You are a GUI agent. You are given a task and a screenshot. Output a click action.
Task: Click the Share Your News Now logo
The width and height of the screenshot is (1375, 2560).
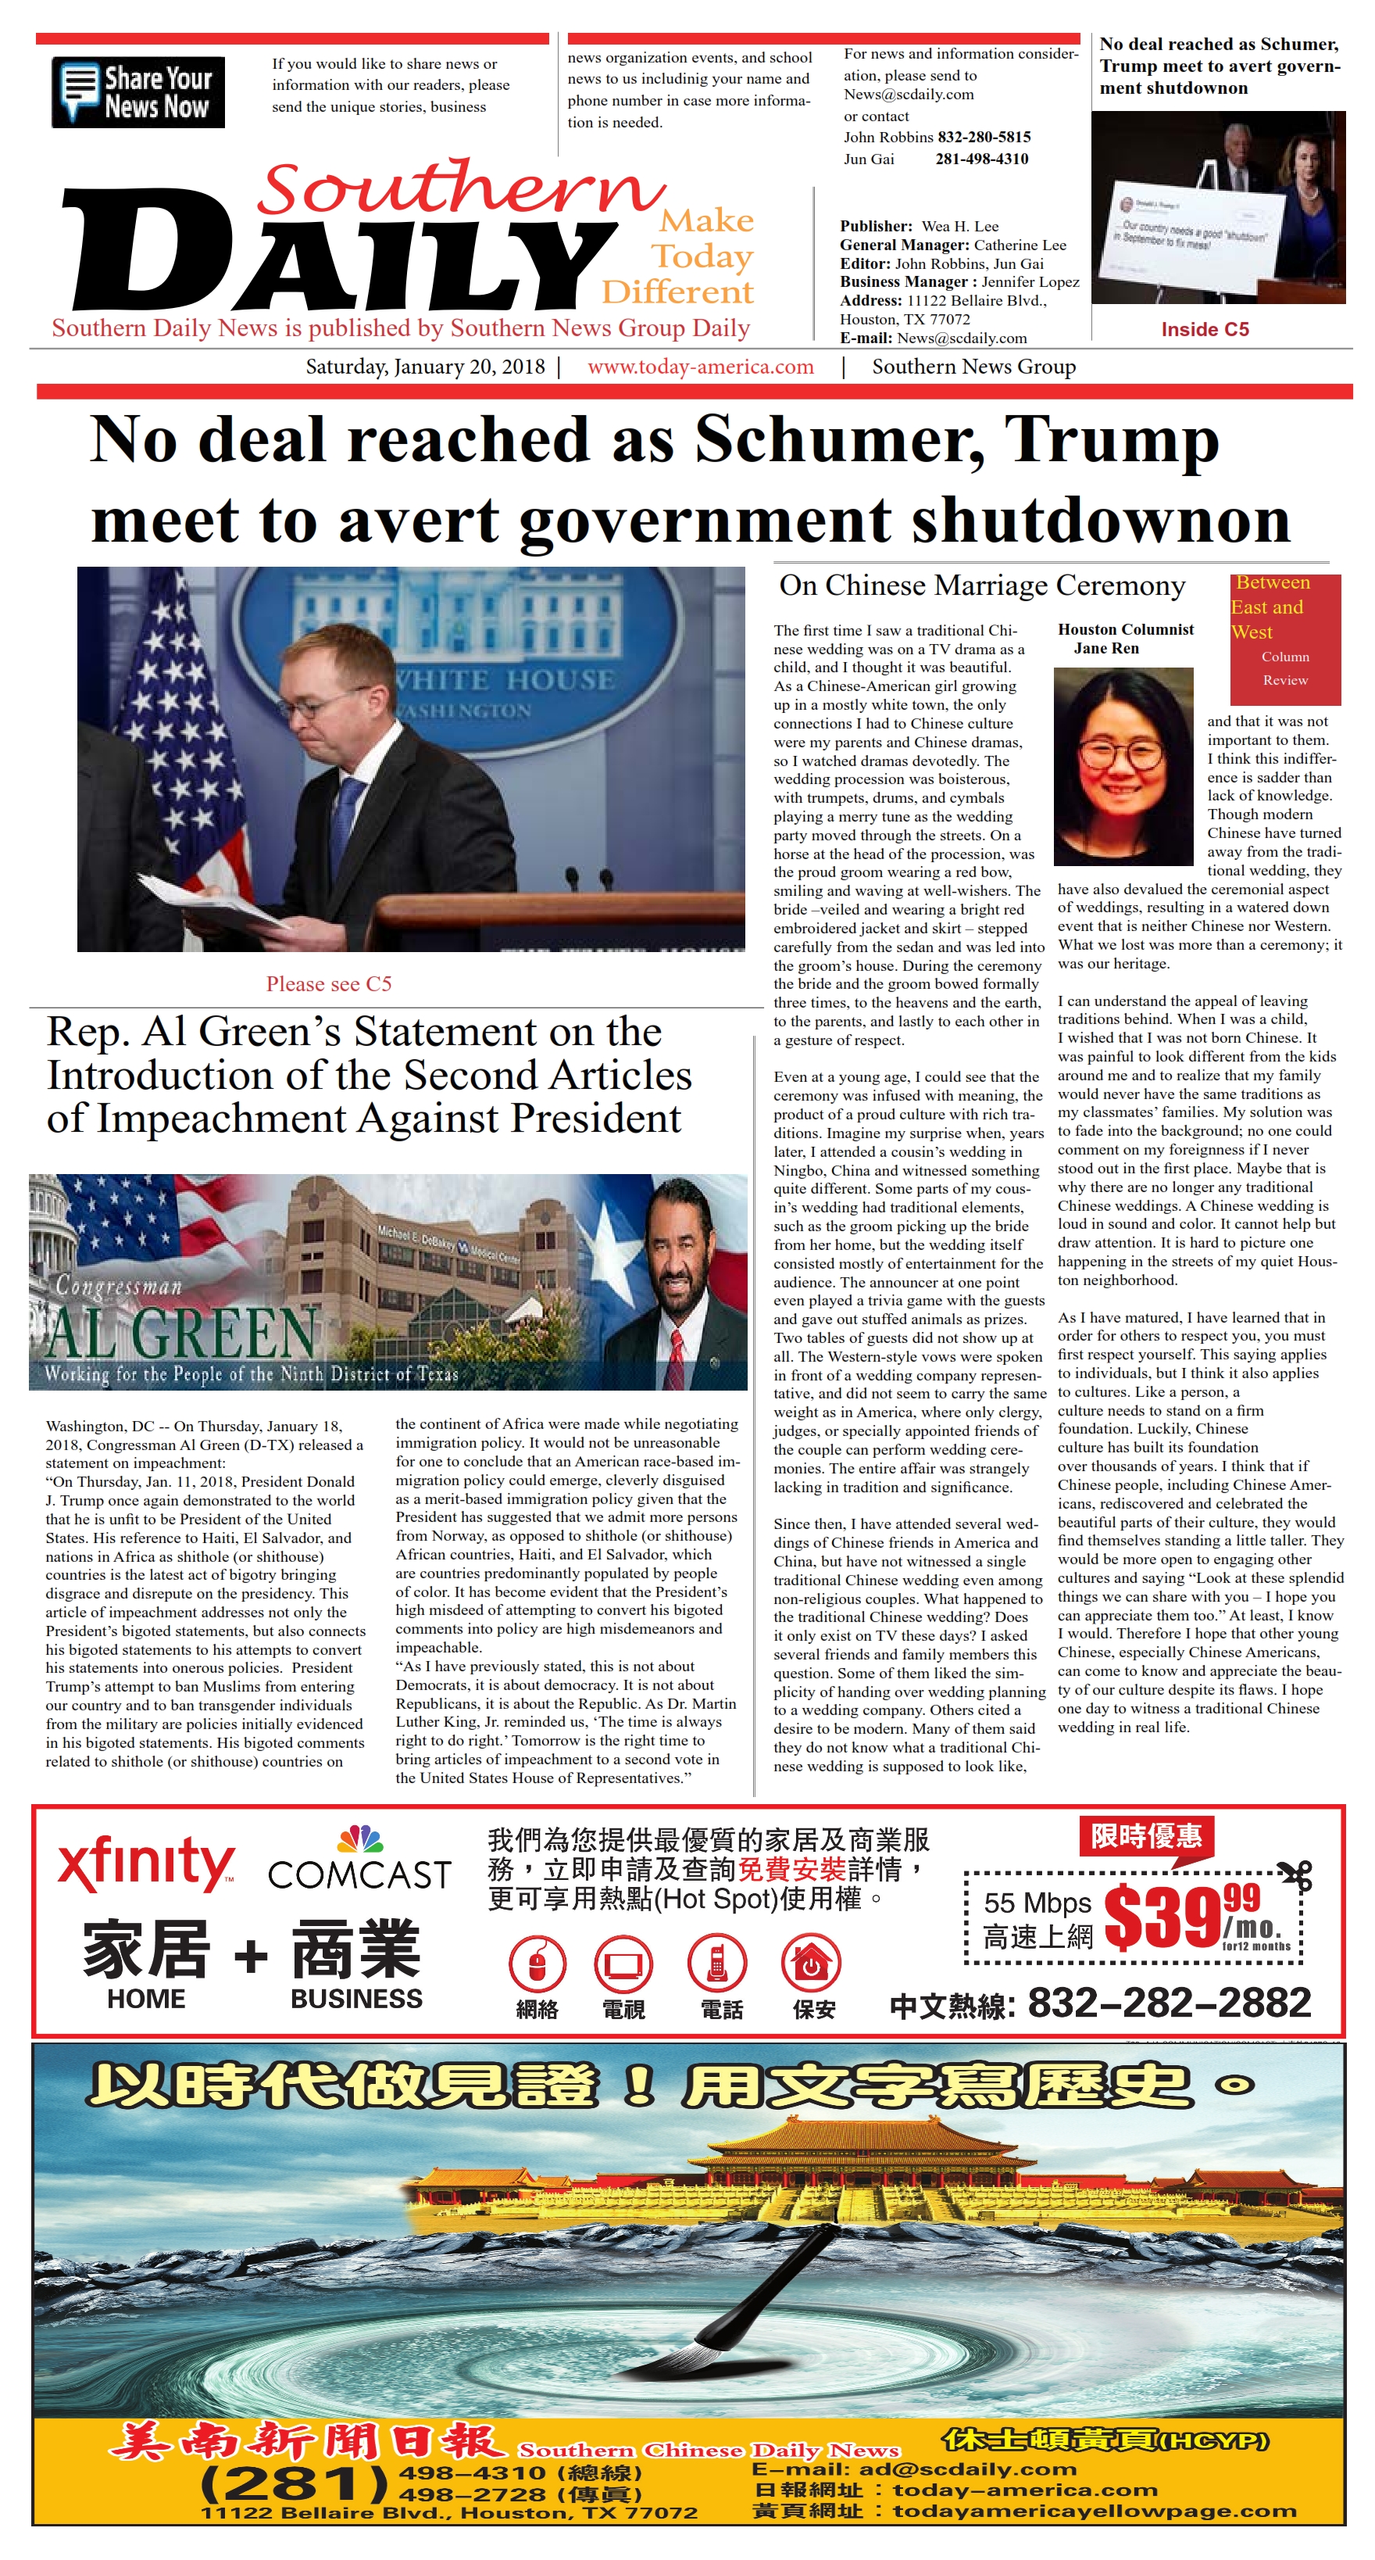click(x=138, y=92)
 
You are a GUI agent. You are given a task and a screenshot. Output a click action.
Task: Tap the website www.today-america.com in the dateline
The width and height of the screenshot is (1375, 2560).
click(x=701, y=367)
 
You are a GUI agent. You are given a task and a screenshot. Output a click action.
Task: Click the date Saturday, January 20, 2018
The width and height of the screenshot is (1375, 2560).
click(x=425, y=367)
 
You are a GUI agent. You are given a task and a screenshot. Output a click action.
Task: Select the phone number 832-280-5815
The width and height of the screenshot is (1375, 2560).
click(x=984, y=137)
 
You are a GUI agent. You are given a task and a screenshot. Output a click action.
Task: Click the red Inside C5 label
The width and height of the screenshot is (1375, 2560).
click(x=1204, y=329)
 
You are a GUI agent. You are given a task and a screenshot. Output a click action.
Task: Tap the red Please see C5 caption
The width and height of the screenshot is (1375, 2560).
click(x=329, y=984)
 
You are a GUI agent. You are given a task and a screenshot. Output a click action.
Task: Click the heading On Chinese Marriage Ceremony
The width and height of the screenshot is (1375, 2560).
click(x=981, y=585)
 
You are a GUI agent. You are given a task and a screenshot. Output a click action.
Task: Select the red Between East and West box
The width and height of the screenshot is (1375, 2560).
click(x=1284, y=638)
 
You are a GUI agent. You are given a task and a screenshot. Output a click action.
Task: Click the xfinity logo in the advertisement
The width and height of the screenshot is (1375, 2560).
click(x=146, y=1865)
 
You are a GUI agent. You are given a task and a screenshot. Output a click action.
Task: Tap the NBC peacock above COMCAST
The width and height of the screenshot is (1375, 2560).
click(x=359, y=1839)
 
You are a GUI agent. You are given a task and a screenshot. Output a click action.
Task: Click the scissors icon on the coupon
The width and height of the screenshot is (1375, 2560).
click(x=1297, y=1874)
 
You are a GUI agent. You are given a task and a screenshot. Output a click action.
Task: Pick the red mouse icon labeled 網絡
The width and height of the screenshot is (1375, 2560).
click(x=537, y=1963)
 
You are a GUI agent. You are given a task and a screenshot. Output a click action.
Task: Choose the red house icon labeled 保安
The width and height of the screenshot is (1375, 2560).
click(x=812, y=1963)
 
